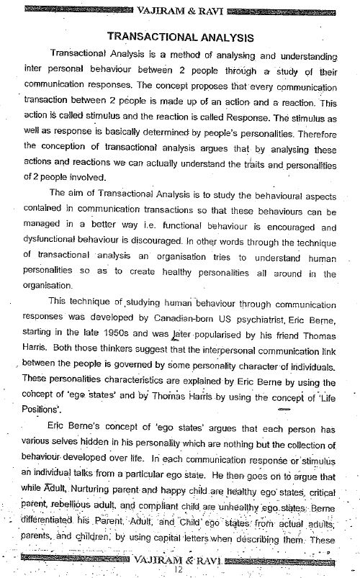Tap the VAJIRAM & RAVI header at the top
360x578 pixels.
tap(179, 8)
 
